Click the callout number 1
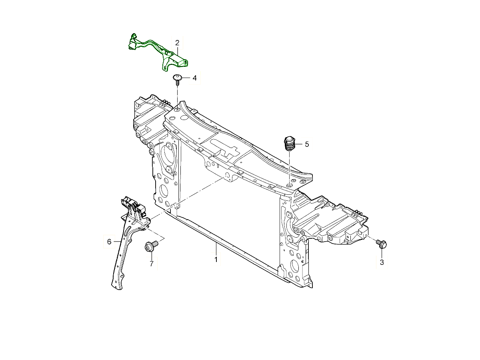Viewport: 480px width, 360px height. (216, 260)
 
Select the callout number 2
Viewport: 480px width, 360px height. (177, 43)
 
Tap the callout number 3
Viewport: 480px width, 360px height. (382, 262)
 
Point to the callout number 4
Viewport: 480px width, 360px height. (194, 78)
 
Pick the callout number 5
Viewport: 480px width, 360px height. (307, 144)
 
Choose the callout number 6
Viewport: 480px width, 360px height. (109, 242)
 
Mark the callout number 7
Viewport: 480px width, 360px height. (152, 264)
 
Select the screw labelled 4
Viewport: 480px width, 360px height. (177, 79)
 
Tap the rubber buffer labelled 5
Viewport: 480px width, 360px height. (289, 144)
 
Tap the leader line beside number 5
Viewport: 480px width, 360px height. (299, 144)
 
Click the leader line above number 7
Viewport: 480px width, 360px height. (152, 256)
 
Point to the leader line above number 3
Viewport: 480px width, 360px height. (382, 254)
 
